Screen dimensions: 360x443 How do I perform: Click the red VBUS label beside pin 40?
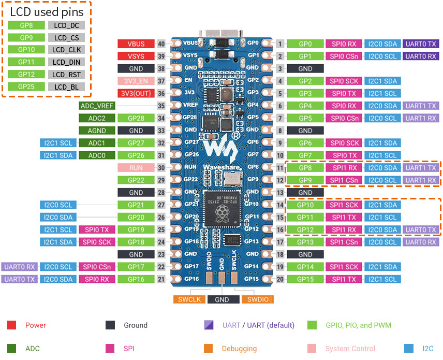(135, 44)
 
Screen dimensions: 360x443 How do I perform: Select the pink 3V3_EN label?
(135, 81)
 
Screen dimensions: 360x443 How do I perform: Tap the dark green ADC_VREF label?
(97, 106)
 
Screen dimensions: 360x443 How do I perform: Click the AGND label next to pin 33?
(97, 131)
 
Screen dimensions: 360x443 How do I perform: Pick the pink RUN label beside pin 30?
(135, 168)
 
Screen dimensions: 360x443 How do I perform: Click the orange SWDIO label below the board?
(257, 299)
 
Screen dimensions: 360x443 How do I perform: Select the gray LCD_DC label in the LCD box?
(66, 25)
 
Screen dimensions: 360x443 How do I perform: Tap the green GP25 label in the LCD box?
(26, 87)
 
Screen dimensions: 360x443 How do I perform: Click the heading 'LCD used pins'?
(46, 10)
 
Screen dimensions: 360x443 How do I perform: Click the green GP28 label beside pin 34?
(135, 118)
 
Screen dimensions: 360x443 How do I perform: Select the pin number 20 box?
(279, 279)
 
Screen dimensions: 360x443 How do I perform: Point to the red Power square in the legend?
(11, 325)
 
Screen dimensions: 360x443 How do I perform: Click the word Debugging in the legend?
(239, 349)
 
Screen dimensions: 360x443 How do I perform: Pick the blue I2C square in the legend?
(408, 349)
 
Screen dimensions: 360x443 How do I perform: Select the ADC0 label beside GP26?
(97, 155)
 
